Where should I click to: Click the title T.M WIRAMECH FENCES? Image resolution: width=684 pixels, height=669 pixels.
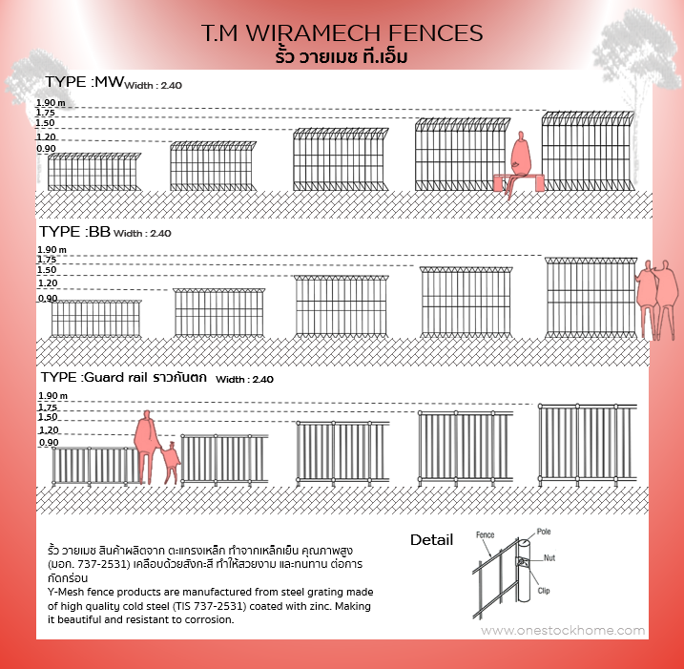[342, 33]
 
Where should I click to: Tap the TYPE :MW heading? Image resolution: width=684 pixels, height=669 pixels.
[85, 82]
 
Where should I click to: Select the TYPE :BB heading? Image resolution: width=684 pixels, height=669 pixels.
[74, 231]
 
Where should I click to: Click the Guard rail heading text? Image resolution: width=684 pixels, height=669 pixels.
[115, 377]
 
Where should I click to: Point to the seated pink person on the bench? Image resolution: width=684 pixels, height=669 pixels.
[520, 165]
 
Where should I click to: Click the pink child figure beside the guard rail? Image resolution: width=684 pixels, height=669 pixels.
[172, 463]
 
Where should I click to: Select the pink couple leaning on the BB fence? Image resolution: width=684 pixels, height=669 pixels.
[656, 300]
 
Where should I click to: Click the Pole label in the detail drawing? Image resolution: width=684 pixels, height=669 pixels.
[544, 532]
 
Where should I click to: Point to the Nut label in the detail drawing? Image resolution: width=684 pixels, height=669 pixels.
[549, 557]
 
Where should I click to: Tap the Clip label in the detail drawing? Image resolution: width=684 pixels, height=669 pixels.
[544, 591]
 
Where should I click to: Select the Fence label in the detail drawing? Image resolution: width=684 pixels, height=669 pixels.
[485, 534]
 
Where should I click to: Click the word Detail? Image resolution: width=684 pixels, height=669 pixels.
[431, 540]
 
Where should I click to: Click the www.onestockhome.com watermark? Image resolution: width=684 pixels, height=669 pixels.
[563, 631]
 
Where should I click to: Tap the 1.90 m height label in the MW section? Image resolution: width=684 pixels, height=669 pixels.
[51, 102]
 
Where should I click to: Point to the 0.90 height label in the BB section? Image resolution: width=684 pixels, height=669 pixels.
[48, 298]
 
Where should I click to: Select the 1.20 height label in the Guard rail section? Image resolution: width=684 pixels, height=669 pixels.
[49, 429]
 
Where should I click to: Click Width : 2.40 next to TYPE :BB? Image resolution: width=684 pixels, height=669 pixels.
[142, 234]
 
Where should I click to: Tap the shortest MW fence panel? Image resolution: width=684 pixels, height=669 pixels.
[93, 172]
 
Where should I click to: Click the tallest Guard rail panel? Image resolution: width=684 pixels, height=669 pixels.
[587, 444]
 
